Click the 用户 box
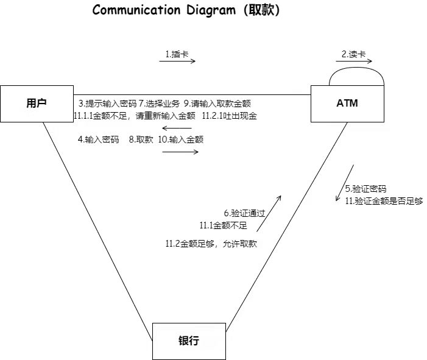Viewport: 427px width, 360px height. (36, 104)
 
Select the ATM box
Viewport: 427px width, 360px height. (347, 104)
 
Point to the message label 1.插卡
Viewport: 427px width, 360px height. (177, 54)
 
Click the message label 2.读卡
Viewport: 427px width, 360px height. (354, 54)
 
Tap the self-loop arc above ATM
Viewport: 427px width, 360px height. (356, 76)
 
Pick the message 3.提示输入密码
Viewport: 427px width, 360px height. (107, 103)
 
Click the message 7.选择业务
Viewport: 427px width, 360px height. (160, 103)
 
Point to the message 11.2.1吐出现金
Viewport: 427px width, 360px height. (230, 115)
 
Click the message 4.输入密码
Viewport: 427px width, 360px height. (99, 139)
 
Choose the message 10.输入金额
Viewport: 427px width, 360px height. (181, 139)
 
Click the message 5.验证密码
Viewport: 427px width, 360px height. (365, 189)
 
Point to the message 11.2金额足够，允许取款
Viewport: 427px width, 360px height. (211, 244)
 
